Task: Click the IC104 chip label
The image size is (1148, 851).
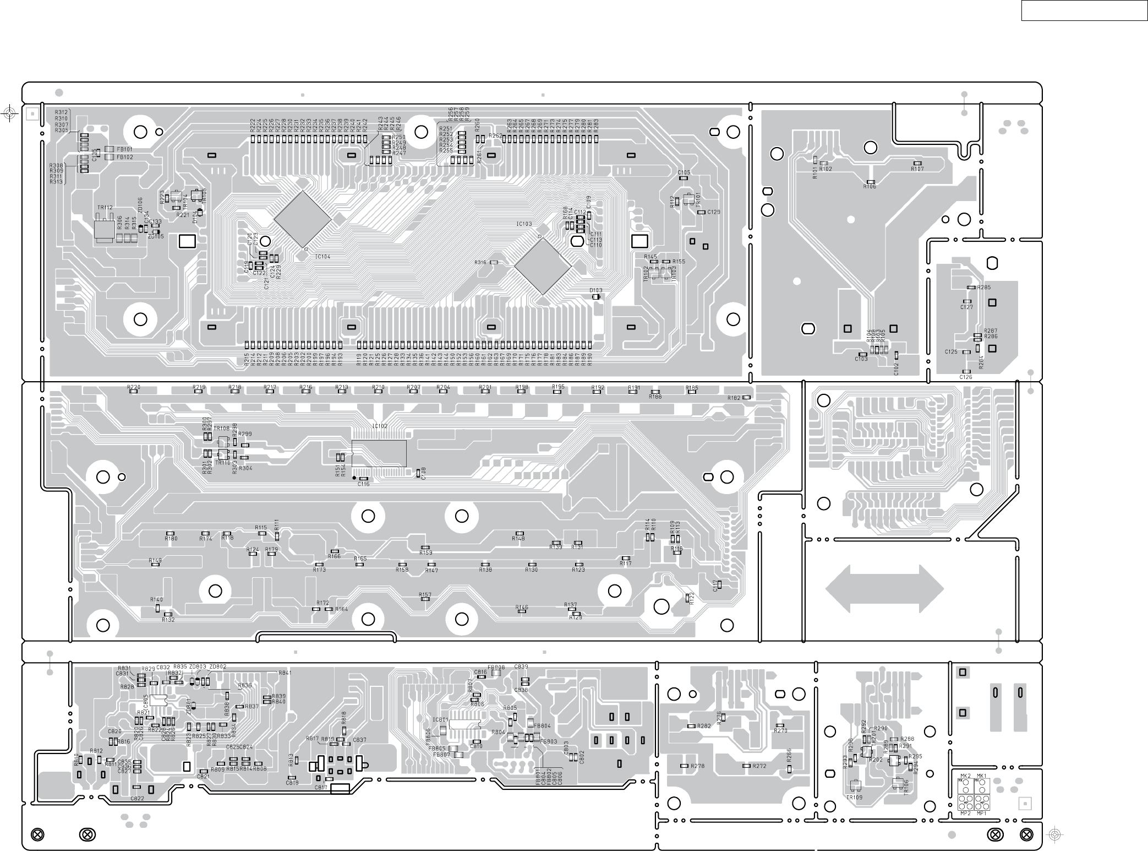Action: [x=322, y=257]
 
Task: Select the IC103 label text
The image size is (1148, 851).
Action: [x=524, y=224]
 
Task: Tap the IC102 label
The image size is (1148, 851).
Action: [x=380, y=426]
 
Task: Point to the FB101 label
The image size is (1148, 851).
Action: [x=124, y=149]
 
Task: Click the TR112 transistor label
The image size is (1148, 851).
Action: [x=105, y=208]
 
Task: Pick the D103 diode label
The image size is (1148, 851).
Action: [x=595, y=290]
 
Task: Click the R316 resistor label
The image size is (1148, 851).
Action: [x=480, y=263]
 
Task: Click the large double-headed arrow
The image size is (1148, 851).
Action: [x=884, y=589]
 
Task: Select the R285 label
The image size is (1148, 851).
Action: [x=984, y=288]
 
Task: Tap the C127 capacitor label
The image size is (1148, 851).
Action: [x=966, y=307]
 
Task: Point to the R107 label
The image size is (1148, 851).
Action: [x=917, y=169]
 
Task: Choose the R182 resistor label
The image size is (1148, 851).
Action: [x=734, y=398]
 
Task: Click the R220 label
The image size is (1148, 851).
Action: [x=134, y=387]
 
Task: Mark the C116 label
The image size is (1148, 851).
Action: [x=363, y=484]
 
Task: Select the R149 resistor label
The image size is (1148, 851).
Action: [x=155, y=560]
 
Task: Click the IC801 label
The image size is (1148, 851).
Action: [x=440, y=720]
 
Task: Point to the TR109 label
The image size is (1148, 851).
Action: [x=854, y=797]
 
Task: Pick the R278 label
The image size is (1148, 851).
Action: [x=698, y=766]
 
